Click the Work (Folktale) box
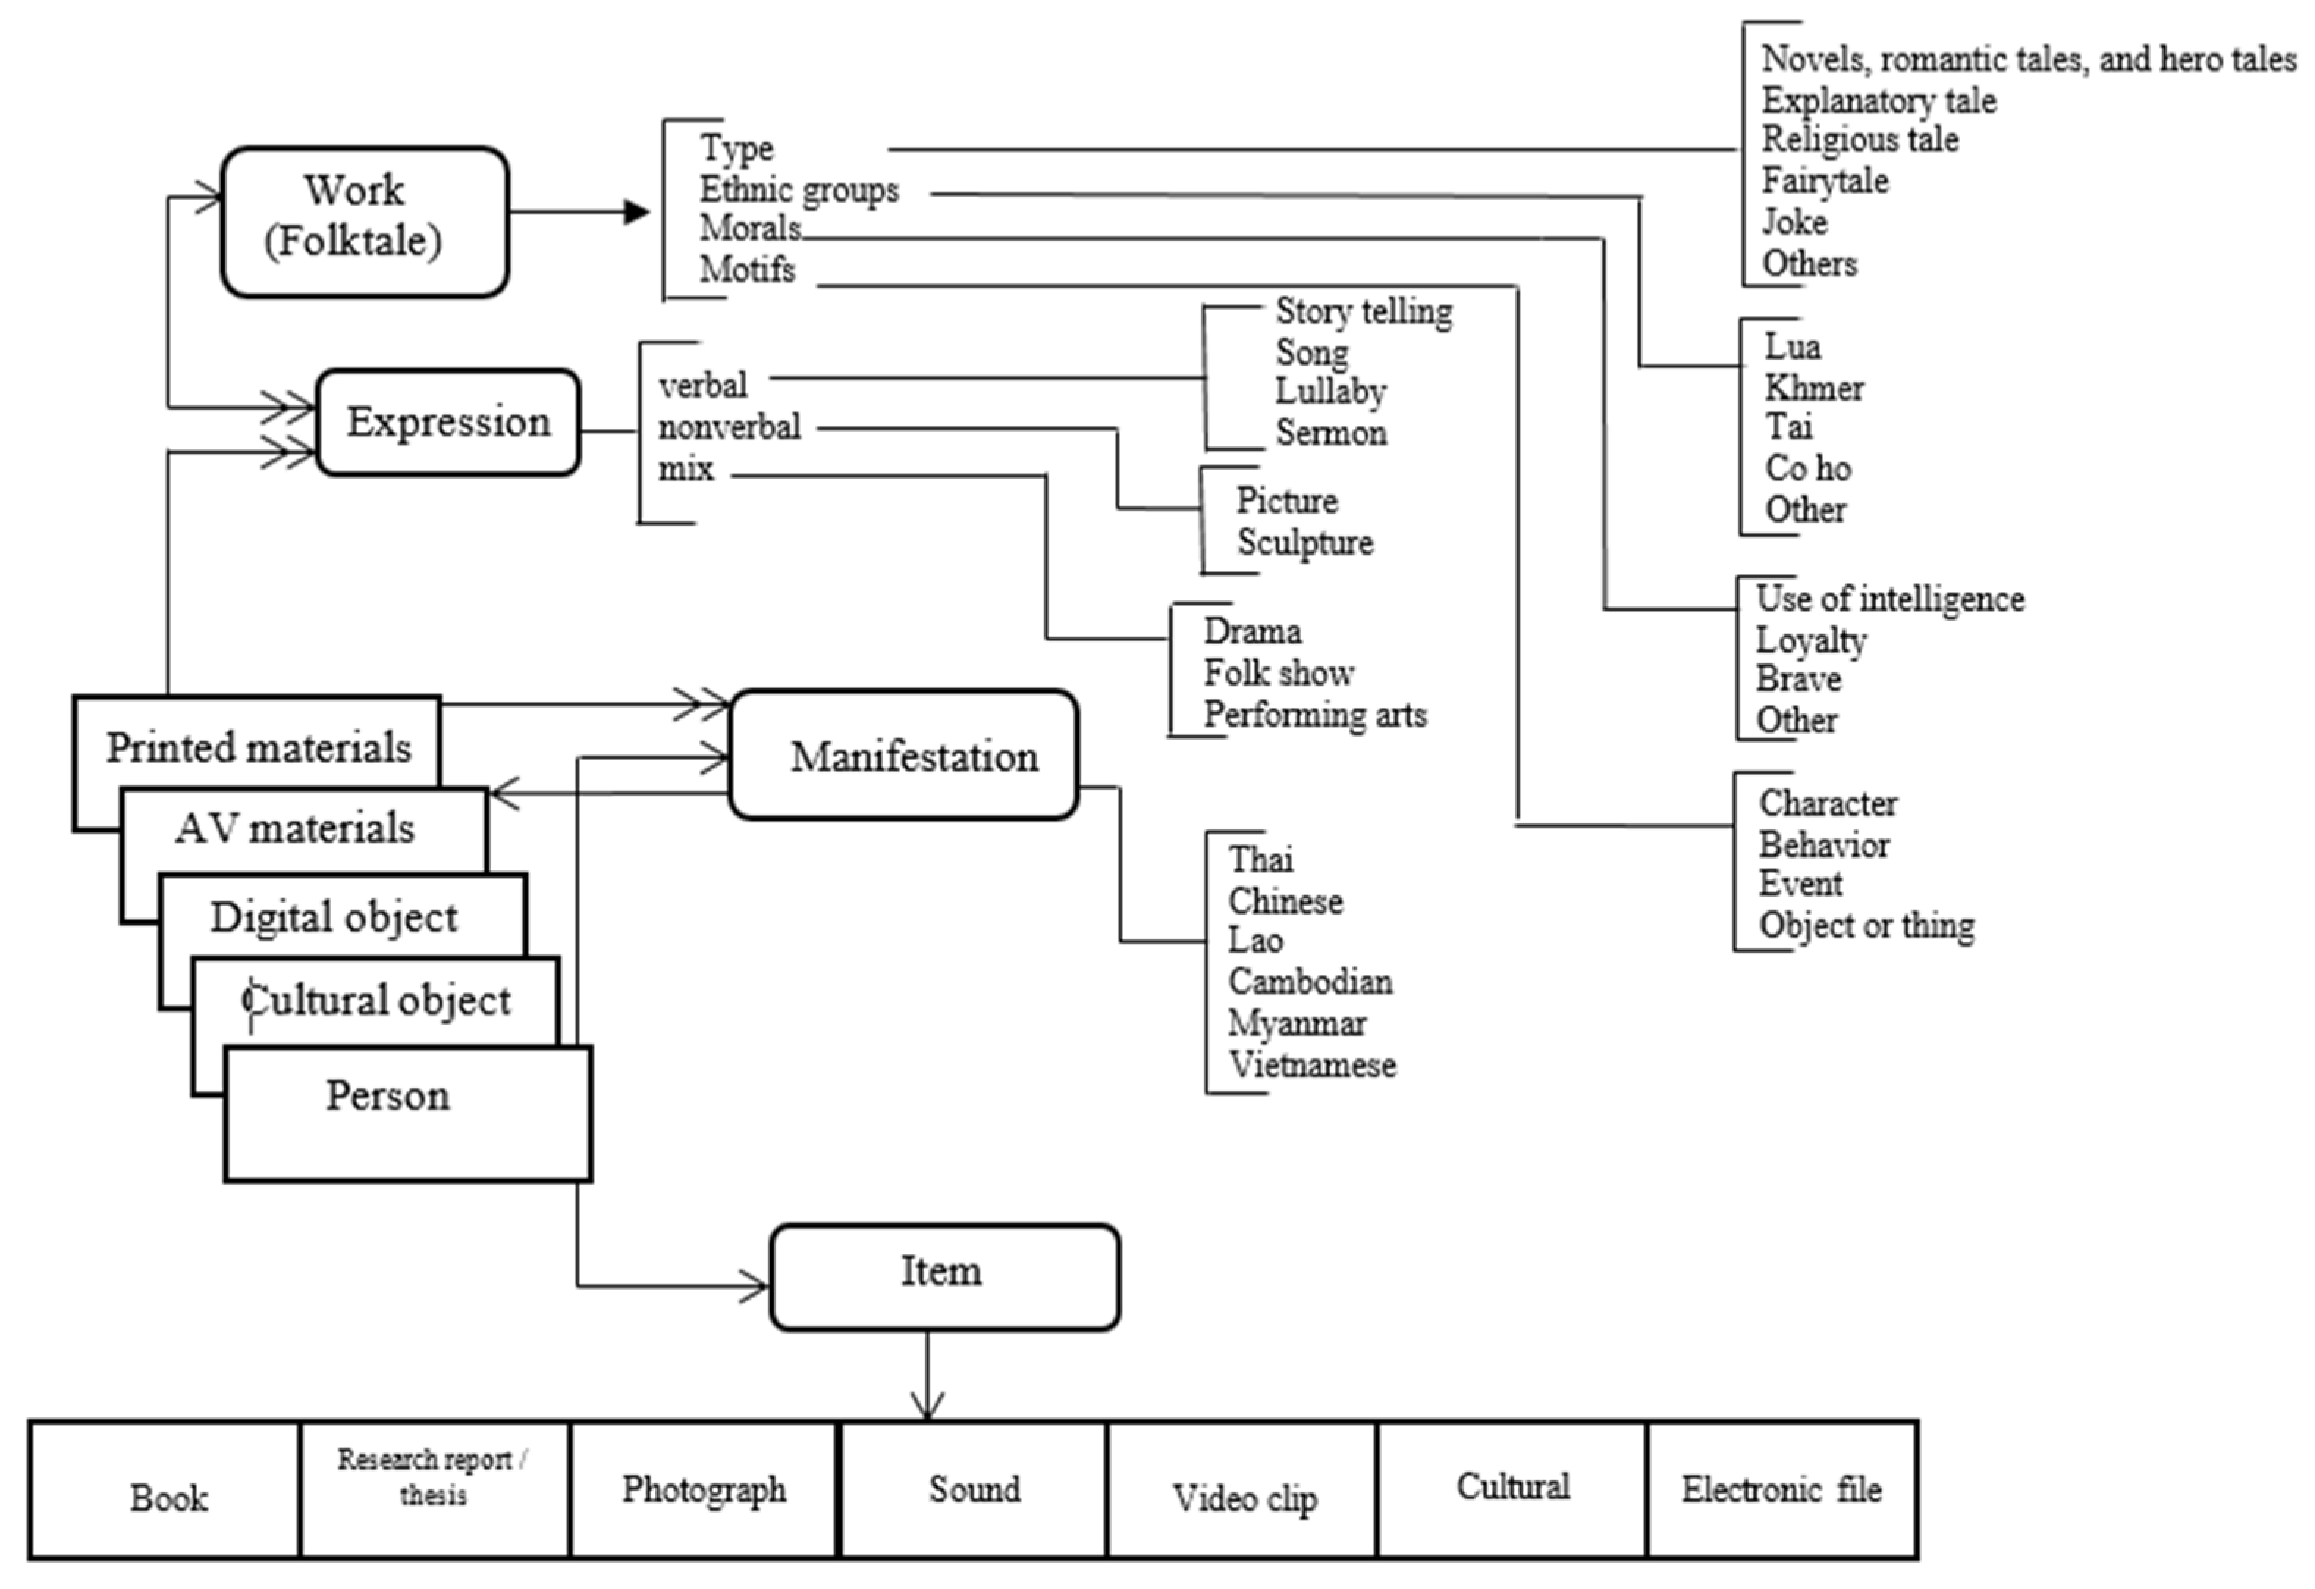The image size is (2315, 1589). tap(365, 221)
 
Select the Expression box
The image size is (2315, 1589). tap(448, 423)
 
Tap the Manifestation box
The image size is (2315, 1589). tap(903, 755)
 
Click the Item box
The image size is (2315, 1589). tap(944, 1276)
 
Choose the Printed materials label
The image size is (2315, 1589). tap(258, 748)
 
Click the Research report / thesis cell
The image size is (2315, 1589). tap(434, 1477)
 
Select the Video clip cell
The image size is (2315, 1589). tap(1244, 1497)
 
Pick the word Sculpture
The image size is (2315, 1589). tap(1305, 543)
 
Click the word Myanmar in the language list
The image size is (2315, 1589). tap(1297, 1023)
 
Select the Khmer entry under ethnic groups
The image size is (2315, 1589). tap(1814, 388)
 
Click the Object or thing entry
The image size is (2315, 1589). tap(1866, 926)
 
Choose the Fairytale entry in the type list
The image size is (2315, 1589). tap(1825, 181)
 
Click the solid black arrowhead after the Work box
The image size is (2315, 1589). tap(636, 211)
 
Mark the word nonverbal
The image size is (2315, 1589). tap(729, 427)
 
